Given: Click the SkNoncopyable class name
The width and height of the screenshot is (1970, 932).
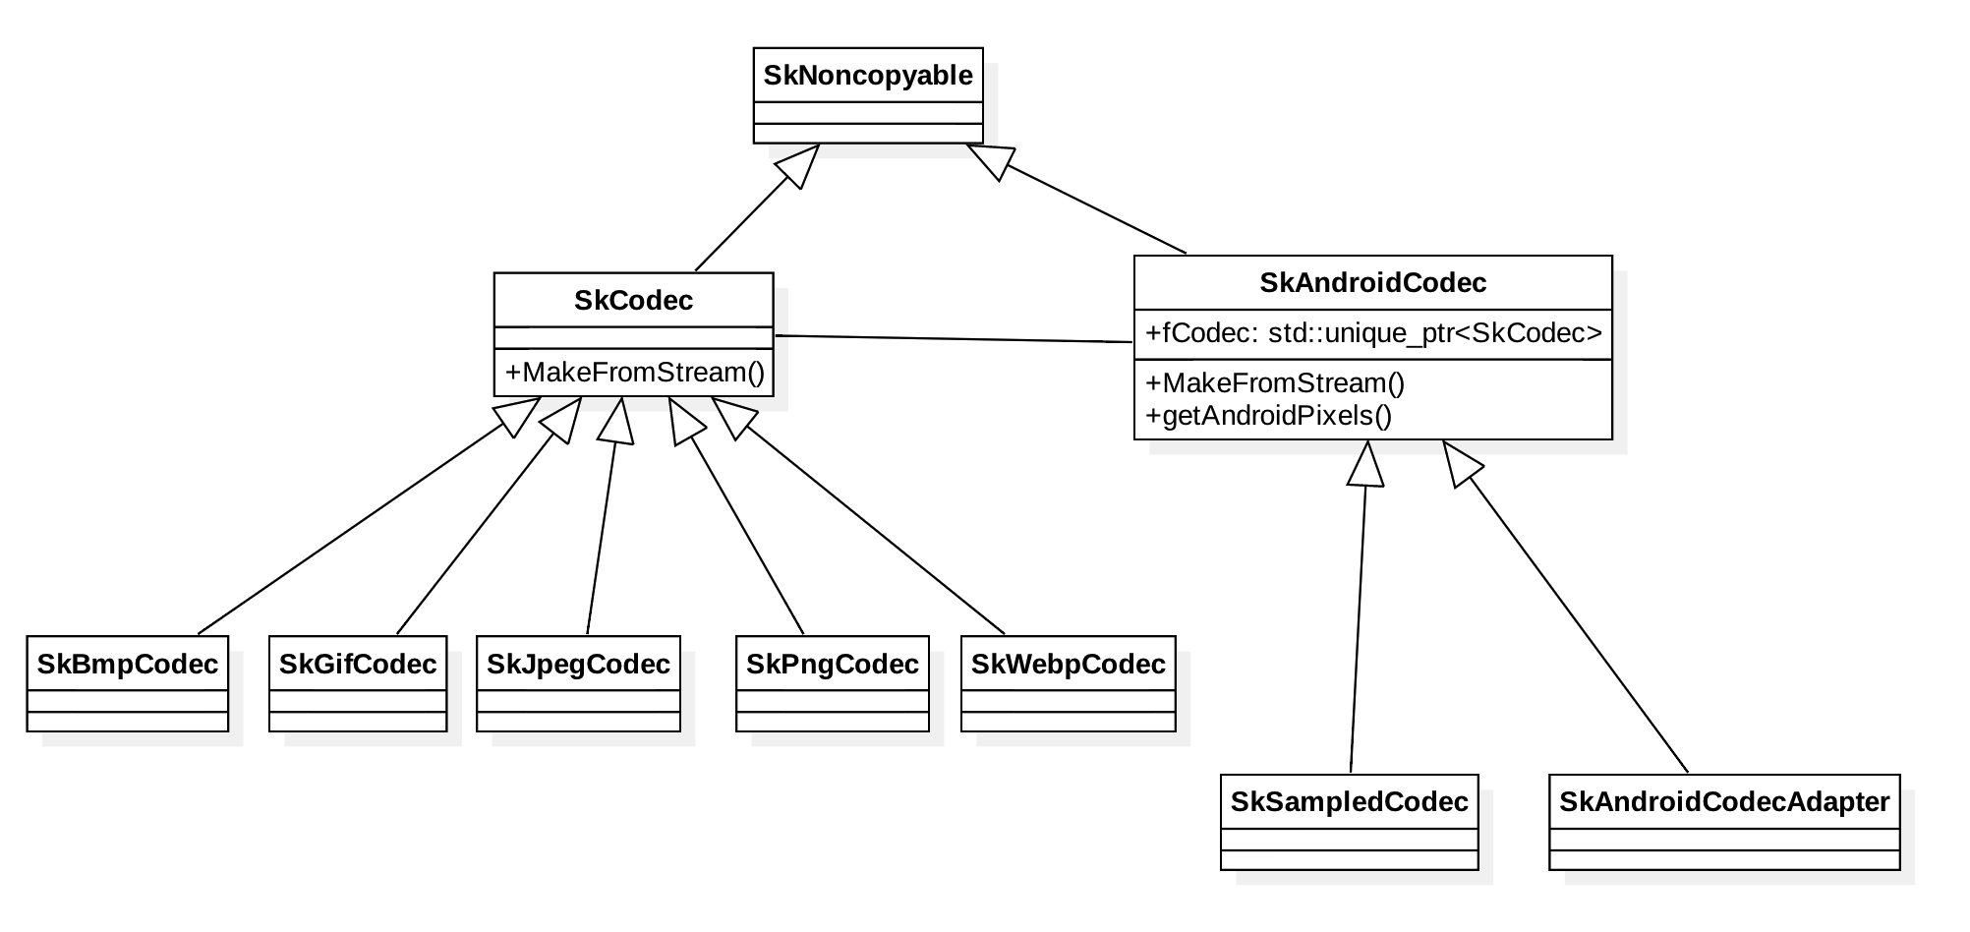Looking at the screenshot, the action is pyautogui.click(x=868, y=76).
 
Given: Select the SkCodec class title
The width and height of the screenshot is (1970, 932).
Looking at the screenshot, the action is pyautogui.click(x=633, y=301).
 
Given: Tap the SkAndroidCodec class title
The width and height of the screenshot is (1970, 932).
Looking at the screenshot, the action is pyautogui.click(x=1372, y=283).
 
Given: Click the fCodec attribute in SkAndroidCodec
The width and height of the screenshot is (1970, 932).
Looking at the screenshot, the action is pyautogui.click(x=1373, y=333).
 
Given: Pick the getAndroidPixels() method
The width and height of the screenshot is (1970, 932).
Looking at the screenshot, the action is pyautogui.click(x=1269, y=416).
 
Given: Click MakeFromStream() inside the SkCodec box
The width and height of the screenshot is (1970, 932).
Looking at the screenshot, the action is pyautogui.click(x=634, y=373).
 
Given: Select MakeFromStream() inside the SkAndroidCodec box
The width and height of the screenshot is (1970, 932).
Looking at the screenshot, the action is pyautogui.click(x=1275, y=383).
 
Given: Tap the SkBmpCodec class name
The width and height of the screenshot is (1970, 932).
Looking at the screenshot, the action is pyautogui.click(x=128, y=665).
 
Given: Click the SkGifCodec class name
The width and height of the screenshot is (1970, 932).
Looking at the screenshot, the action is pyautogui.click(x=358, y=665).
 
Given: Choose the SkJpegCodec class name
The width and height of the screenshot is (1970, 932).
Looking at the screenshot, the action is pyautogui.click(x=578, y=665).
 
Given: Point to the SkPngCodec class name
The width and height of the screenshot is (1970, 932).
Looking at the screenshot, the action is pyautogui.click(x=832, y=665).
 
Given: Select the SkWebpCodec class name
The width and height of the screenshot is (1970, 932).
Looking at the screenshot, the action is pyautogui.click(x=1068, y=665).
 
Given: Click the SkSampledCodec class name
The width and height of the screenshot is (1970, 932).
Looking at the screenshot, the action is pyautogui.click(x=1349, y=802).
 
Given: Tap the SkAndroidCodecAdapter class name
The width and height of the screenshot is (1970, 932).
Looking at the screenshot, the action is pyautogui.click(x=1724, y=802).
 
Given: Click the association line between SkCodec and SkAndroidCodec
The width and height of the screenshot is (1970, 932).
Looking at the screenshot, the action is pyautogui.click(x=954, y=339).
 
